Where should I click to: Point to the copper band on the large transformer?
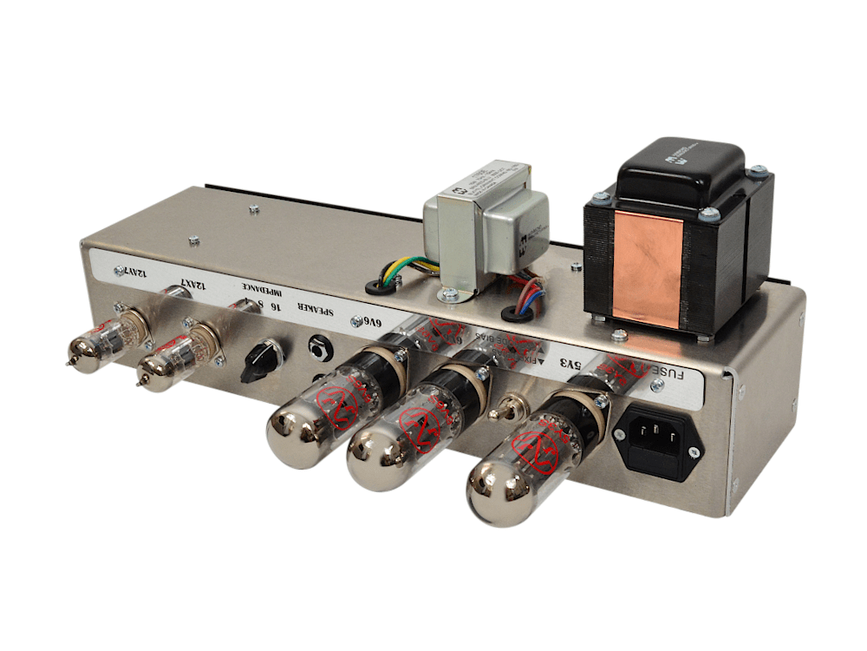(648, 260)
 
